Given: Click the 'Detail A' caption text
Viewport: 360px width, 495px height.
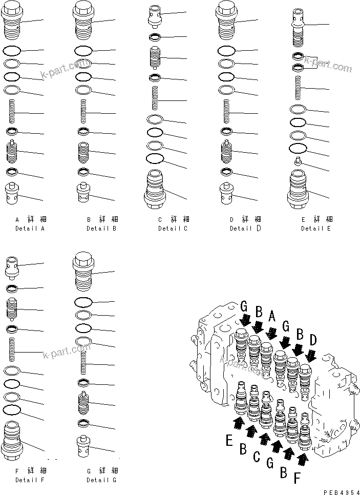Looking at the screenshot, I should pyautogui.click(x=30, y=228).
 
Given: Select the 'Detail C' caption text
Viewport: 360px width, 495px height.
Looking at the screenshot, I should pyautogui.click(x=173, y=228).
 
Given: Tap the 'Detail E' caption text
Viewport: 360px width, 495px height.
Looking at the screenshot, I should pyautogui.click(x=316, y=228).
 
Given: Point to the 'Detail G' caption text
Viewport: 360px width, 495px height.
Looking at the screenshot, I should pyautogui.click(x=101, y=480).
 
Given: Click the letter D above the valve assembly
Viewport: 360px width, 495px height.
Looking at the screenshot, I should pyautogui.click(x=313, y=340).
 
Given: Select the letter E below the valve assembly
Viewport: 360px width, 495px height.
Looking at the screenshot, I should pyautogui.click(x=229, y=439).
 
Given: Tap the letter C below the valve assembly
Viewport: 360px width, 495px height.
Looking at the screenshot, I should pyautogui.click(x=258, y=456).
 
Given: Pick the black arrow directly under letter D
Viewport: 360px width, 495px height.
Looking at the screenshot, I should pyautogui.click(x=310, y=354).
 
